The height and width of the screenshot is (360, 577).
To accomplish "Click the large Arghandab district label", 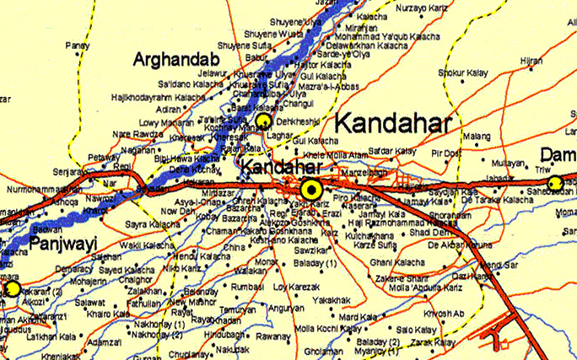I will pyautogui.click(x=175, y=60).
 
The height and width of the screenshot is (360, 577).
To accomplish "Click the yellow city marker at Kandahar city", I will pyautogui.click(x=312, y=188).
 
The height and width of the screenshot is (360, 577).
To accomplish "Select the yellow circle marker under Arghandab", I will pyautogui.click(x=264, y=120).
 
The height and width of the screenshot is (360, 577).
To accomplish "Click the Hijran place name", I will pyautogui.click(x=531, y=61).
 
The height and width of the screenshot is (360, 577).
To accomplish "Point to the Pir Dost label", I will pyautogui.click(x=446, y=153).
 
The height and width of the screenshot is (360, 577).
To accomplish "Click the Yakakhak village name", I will pyautogui.click(x=330, y=299).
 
